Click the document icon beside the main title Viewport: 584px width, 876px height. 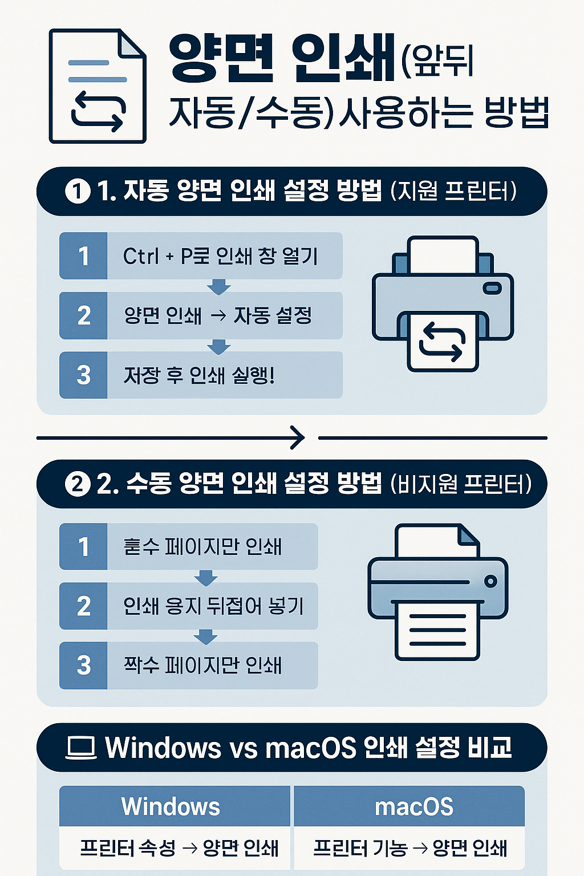98,86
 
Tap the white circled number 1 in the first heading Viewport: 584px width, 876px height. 78,191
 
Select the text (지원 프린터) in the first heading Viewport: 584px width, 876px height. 454,191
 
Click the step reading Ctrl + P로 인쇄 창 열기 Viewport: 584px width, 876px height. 220,256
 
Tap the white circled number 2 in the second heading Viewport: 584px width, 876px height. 78,484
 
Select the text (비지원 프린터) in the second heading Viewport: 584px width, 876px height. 461,484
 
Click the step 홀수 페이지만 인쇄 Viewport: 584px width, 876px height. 203,546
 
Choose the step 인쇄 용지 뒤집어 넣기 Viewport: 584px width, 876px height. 213,606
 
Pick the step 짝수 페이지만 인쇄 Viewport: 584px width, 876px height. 203,666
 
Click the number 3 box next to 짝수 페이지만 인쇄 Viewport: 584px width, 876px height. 83,666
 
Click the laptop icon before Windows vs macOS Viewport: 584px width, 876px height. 81,748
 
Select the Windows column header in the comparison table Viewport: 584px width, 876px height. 171,806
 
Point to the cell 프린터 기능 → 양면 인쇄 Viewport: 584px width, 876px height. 409,848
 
